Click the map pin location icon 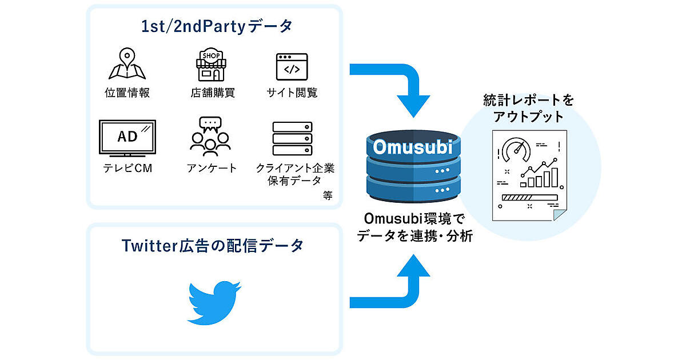[x=127, y=64]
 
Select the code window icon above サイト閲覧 [x=292, y=66]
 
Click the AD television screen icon [x=127, y=137]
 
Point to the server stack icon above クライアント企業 [x=292, y=138]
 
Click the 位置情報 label [x=127, y=93]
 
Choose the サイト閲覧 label [x=292, y=93]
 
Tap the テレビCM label [x=127, y=168]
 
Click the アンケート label [x=211, y=168]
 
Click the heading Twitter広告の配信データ [x=213, y=246]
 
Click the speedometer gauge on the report [x=516, y=150]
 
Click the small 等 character [x=327, y=195]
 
